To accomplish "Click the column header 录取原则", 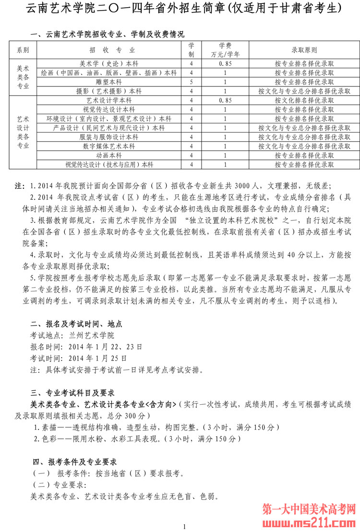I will [x=304, y=50].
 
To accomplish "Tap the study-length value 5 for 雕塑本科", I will [x=191, y=82].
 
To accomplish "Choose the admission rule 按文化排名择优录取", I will [x=304, y=100].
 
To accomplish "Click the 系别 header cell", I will [x=23, y=50].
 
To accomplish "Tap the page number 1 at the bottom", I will [x=184, y=527].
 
